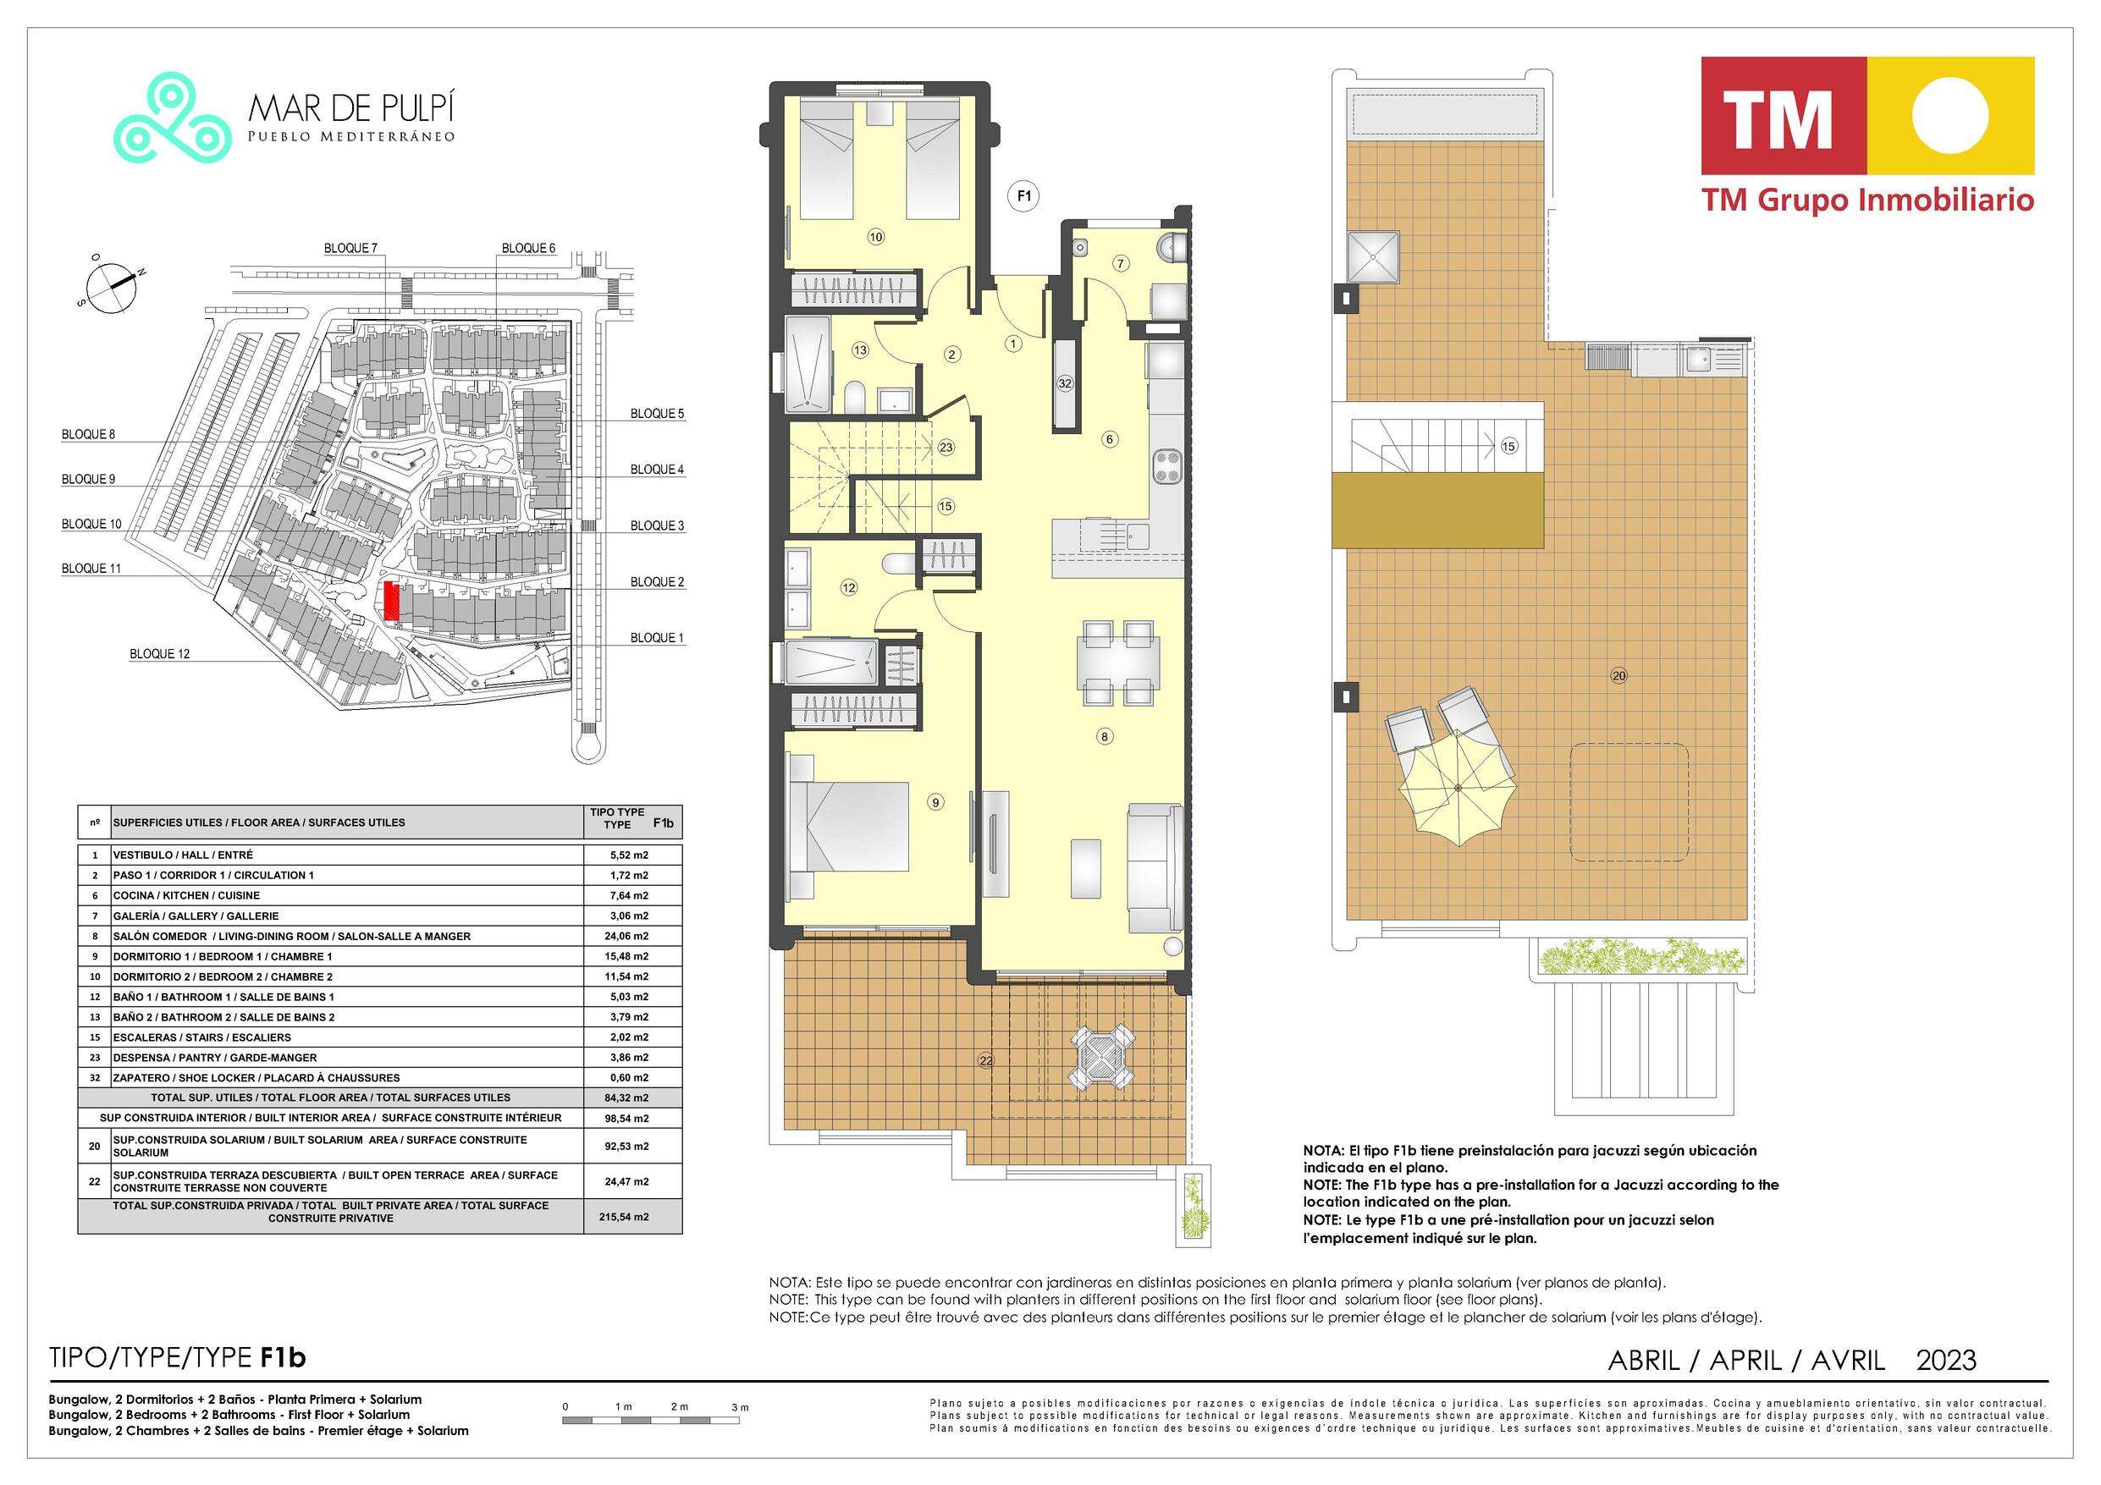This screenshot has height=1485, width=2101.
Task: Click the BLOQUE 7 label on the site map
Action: (350, 249)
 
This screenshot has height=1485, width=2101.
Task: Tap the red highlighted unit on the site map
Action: (392, 601)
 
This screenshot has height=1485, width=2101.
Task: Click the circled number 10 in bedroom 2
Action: (876, 237)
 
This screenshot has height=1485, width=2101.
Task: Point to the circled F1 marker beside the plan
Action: (1025, 195)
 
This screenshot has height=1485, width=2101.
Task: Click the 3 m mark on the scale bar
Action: (741, 1406)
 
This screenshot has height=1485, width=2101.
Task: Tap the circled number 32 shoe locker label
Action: (1065, 384)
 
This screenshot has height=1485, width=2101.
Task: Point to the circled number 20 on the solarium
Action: (1618, 676)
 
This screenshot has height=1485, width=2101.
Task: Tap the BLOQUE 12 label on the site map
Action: (159, 654)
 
